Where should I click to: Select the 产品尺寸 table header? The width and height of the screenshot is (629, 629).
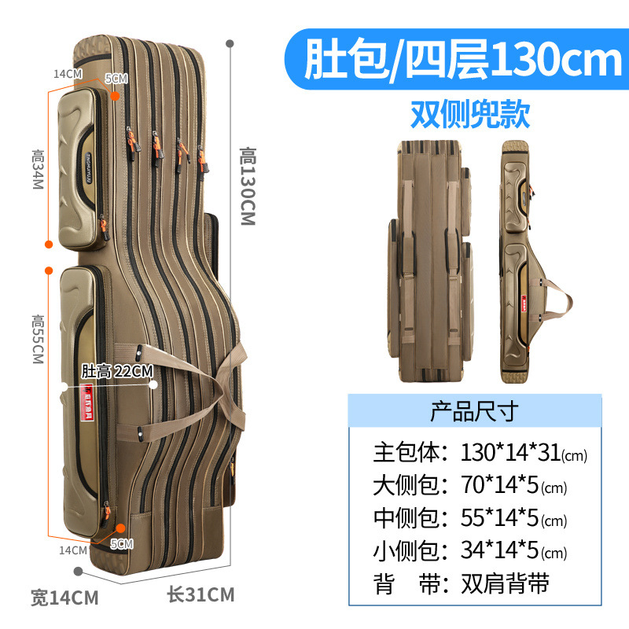[473, 410]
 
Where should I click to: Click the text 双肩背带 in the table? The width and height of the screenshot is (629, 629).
[506, 583]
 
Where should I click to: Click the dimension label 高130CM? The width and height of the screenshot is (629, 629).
[248, 186]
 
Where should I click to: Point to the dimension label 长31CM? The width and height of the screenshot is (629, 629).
[200, 594]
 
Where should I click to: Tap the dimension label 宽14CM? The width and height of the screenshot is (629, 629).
[64, 598]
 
